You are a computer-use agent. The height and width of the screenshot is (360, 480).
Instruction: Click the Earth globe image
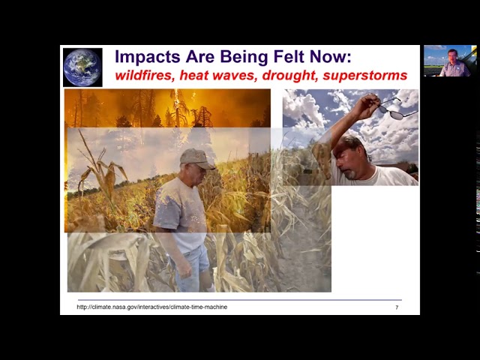82,67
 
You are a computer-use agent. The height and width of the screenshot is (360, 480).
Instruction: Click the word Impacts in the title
148,57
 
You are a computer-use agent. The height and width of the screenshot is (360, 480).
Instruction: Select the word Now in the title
330,57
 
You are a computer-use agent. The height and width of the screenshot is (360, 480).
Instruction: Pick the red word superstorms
365,76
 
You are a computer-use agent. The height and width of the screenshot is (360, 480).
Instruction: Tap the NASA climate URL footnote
151,307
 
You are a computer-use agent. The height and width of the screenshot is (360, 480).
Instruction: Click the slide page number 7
397,307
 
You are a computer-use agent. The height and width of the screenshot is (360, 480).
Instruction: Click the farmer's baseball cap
196,158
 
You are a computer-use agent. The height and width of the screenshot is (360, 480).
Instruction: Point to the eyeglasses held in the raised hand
397,109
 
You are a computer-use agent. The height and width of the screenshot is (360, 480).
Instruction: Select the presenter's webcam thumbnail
450,61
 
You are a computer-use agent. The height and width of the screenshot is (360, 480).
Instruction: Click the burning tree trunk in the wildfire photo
177,108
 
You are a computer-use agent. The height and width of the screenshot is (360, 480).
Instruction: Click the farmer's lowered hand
184,268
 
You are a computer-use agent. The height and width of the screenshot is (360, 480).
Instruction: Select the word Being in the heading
244,57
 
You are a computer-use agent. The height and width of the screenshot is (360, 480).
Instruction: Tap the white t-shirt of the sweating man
376,176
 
